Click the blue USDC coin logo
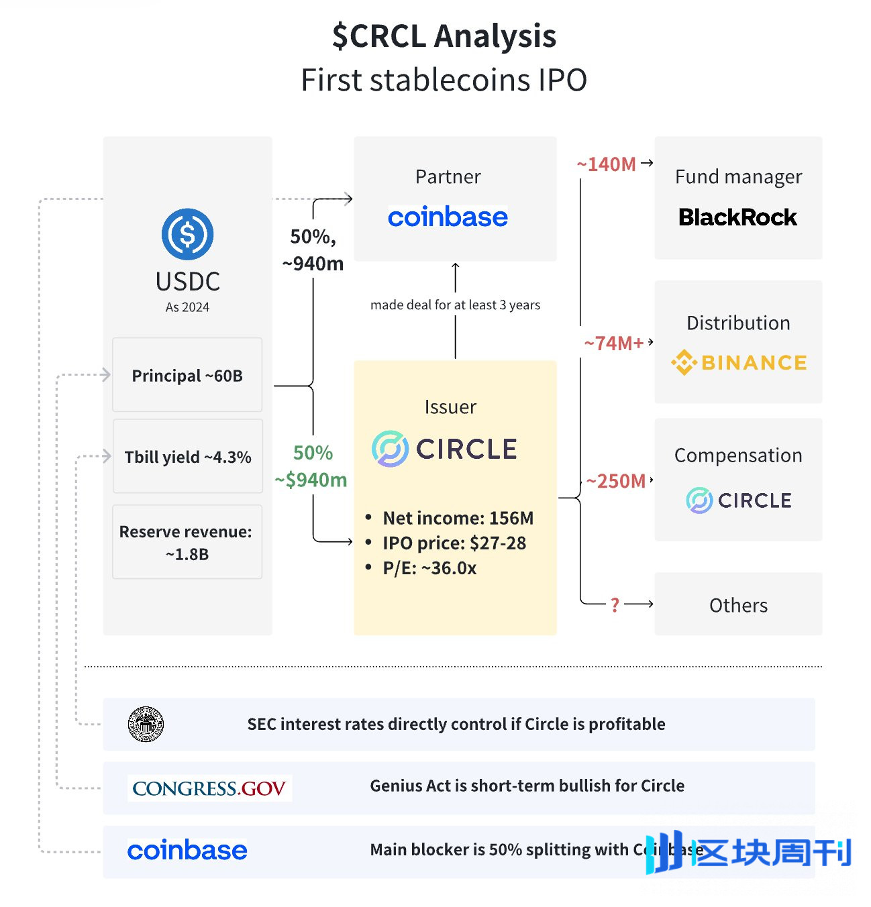(x=187, y=234)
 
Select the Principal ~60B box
(x=187, y=375)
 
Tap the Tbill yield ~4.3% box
(x=187, y=457)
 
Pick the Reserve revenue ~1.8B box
(x=187, y=542)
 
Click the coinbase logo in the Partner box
(x=448, y=217)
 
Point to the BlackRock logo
(x=737, y=217)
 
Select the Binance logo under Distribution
(x=738, y=363)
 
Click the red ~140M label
(x=607, y=164)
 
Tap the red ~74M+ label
(x=613, y=343)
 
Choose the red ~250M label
(x=616, y=481)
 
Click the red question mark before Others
(x=615, y=605)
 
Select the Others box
(x=738, y=604)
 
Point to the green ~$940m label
(x=311, y=480)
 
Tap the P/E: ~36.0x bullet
(x=429, y=568)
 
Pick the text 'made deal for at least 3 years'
(x=455, y=305)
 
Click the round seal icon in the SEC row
(x=146, y=724)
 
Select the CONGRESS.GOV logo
(x=209, y=788)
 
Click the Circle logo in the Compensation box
(x=738, y=500)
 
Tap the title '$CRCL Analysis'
(x=444, y=36)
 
